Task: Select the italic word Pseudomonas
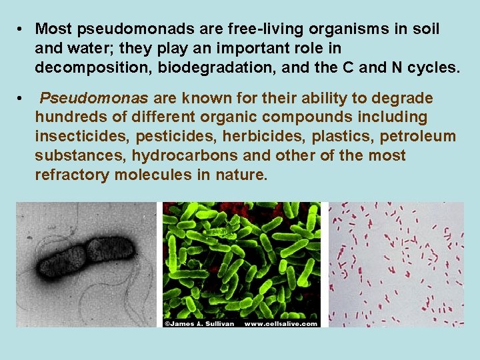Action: (x=94, y=99)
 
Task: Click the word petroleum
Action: (x=418, y=137)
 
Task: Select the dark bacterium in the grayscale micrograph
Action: (x=85, y=254)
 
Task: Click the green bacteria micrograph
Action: (x=241, y=260)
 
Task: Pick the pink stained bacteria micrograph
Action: (x=396, y=264)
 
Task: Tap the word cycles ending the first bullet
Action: (x=435, y=68)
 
